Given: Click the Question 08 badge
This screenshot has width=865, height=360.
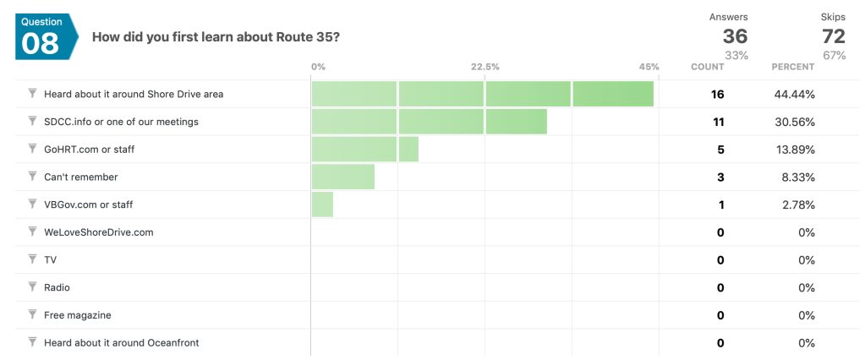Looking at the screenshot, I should [x=41, y=35].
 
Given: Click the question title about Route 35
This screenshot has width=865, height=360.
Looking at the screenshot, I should [x=216, y=36].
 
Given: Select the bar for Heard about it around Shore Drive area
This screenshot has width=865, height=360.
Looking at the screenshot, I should [x=482, y=94].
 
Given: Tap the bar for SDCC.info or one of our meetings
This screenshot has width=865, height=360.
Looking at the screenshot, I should [x=429, y=122].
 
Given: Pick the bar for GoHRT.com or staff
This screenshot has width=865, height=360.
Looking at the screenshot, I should [x=364, y=150].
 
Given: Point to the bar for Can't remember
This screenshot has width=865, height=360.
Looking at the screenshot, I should [x=342, y=177].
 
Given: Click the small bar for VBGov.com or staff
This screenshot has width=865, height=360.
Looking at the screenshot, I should [x=322, y=205].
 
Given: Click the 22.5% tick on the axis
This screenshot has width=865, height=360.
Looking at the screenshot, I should [x=485, y=67].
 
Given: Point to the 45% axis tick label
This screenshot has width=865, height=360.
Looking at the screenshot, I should [x=649, y=67].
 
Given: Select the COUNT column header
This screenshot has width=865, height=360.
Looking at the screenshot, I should [x=708, y=67].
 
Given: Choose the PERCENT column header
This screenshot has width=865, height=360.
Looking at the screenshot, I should [x=793, y=67].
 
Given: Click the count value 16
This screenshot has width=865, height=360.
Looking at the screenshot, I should [x=717, y=95].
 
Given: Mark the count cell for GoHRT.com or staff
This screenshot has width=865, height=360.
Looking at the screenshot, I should [x=720, y=150].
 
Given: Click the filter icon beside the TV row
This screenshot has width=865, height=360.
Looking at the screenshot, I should [x=32, y=259].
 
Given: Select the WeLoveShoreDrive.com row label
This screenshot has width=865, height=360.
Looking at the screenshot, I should [x=98, y=232].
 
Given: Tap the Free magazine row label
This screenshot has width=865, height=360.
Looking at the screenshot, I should [x=77, y=315].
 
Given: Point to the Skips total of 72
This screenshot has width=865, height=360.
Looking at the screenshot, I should [x=833, y=35].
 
